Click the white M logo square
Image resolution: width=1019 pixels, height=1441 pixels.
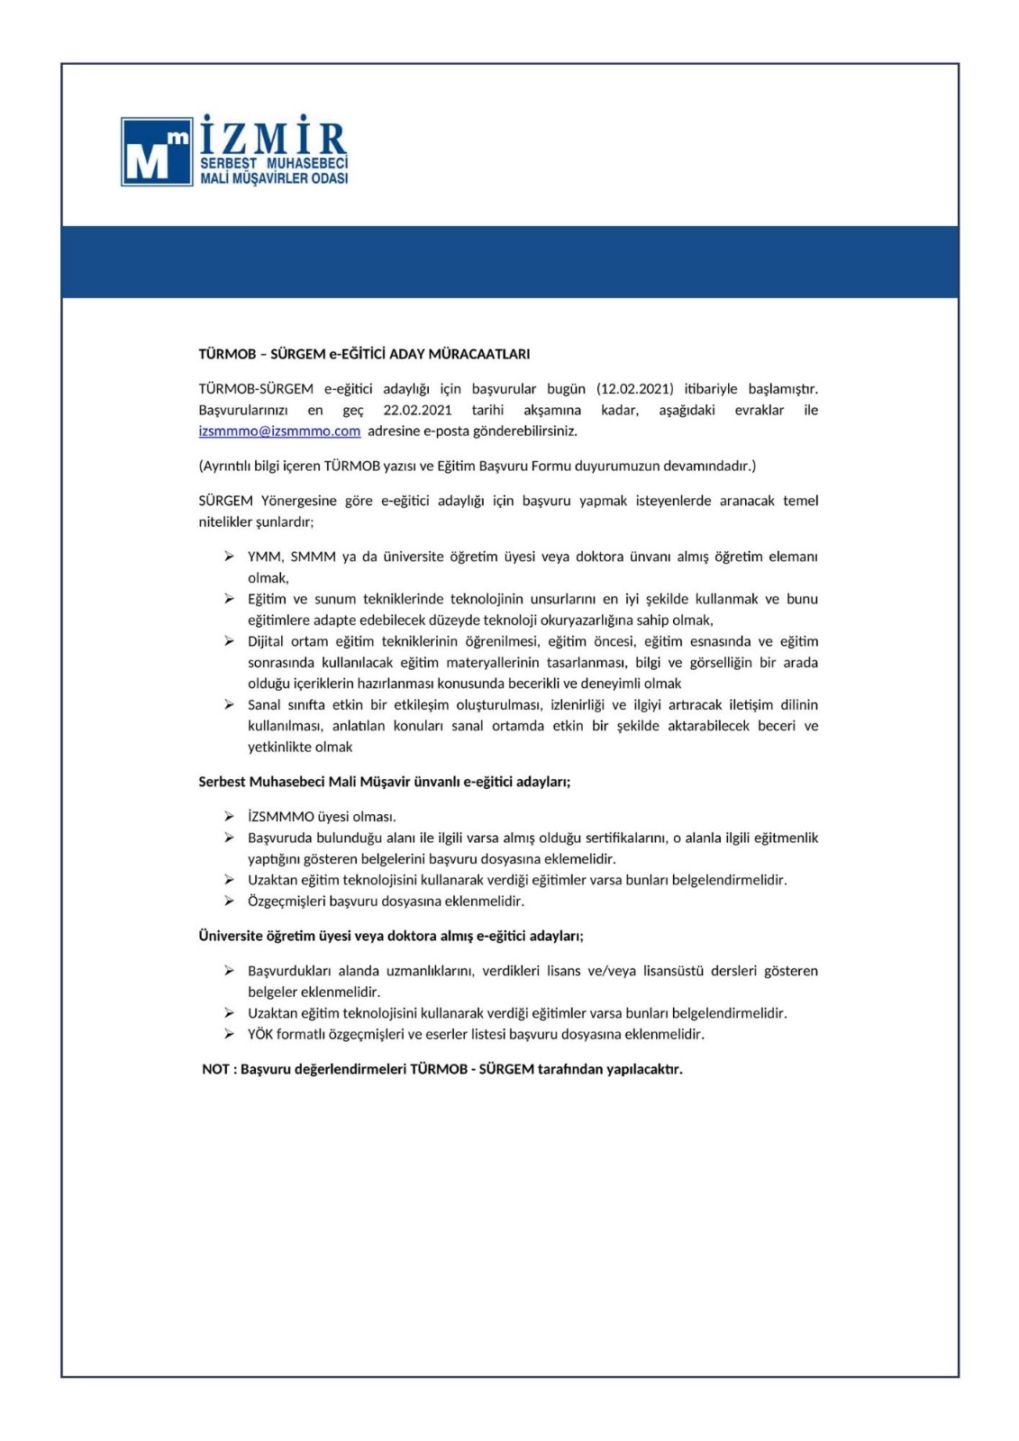pyautogui.click(x=157, y=151)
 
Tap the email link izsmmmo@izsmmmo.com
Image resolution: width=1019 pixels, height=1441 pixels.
pyautogui.click(x=279, y=431)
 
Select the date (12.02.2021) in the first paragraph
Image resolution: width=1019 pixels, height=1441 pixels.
pyautogui.click(x=634, y=389)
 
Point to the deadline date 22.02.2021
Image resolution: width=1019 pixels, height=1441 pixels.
pyautogui.click(x=417, y=410)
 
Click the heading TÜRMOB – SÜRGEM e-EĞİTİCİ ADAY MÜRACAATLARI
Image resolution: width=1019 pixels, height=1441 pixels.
pyautogui.click(x=364, y=354)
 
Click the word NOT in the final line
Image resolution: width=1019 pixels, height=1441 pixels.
pyautogui.click(x=215, y=1070)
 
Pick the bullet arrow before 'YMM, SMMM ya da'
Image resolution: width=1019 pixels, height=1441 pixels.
pyautogui.click(x=230, y=557)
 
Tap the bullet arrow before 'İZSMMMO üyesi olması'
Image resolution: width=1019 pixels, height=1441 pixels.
pyautogui.click(x=230, y=817)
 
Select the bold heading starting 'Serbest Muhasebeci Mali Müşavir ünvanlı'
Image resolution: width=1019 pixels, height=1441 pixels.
pyautogui.click(x=385, y=782)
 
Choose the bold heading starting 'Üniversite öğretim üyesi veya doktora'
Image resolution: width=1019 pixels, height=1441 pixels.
pyautogui.click(x=391, y=937)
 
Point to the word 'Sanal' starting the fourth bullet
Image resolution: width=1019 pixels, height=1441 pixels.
pyautogui.click(x=264, y=705)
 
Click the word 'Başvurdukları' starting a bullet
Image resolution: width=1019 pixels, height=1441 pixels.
pyautogui.click(x=288, y=971)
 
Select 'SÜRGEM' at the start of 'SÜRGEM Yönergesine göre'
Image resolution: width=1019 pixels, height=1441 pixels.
pyautogui.click(x=225, y=501)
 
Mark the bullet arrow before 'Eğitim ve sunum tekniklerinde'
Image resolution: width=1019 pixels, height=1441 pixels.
pyautogui.click(x=230, y=599)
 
